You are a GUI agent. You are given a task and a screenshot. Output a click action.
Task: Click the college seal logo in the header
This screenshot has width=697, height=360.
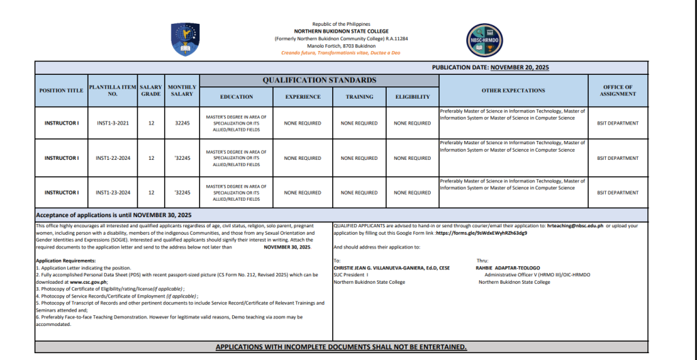click(x=185, y=39)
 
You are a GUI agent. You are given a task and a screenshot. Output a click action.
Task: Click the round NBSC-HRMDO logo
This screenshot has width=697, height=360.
click(x=484, y=39)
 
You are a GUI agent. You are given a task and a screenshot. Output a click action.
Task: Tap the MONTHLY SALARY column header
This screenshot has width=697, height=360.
click(x=182, y=91)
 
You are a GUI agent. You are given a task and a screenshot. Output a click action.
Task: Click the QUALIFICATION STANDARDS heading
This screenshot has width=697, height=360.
click(x=319, y=80)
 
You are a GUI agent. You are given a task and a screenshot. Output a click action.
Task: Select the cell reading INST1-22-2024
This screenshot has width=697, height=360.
click(x=113, y=158)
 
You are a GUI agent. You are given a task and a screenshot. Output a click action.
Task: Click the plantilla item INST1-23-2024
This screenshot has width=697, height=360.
click(x=113, y=193)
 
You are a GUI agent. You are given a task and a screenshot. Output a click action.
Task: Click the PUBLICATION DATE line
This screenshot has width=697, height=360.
click(x=490, y=67)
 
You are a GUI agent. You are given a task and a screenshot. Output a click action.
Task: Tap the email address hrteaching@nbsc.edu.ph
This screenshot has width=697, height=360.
click(x=576, y=225)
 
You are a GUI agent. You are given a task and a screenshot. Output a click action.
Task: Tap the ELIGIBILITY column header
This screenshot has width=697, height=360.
click(x=412, y=97)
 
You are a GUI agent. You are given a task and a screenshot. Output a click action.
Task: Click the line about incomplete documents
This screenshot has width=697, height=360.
click(x=341, y=347)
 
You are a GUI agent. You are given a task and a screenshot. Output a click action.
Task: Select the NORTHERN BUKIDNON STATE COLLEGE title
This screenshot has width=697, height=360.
click(x=341, y=31)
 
